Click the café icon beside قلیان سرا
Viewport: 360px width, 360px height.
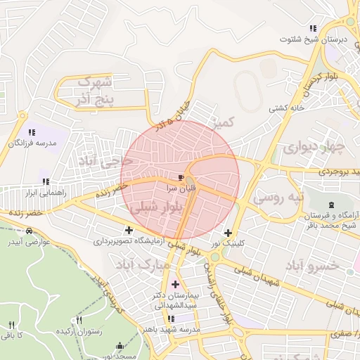[182, 177]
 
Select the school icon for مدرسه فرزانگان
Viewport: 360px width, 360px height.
[32, 131]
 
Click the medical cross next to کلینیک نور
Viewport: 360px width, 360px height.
[227, 233]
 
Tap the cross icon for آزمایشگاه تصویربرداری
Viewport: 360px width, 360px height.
[129, 230]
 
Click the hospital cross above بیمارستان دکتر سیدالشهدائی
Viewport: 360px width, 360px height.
[175, 284]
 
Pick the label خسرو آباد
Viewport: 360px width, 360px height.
[312, 265]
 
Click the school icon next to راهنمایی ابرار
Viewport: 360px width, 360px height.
[46, 181]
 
